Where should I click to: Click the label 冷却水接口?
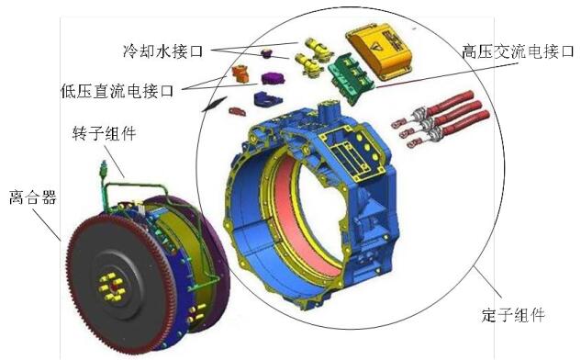coord(163,51)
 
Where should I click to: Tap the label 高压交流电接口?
coord(518,51)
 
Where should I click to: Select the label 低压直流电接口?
coord(117,91)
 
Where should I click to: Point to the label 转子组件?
coord(104,133)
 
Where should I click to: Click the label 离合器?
coord(33,197)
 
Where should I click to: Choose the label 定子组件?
coord(513,316)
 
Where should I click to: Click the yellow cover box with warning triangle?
coord(379,51)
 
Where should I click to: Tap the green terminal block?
coord(351,76)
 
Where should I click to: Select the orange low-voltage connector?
coord(240,73)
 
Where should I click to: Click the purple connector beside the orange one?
coord(274,78)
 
